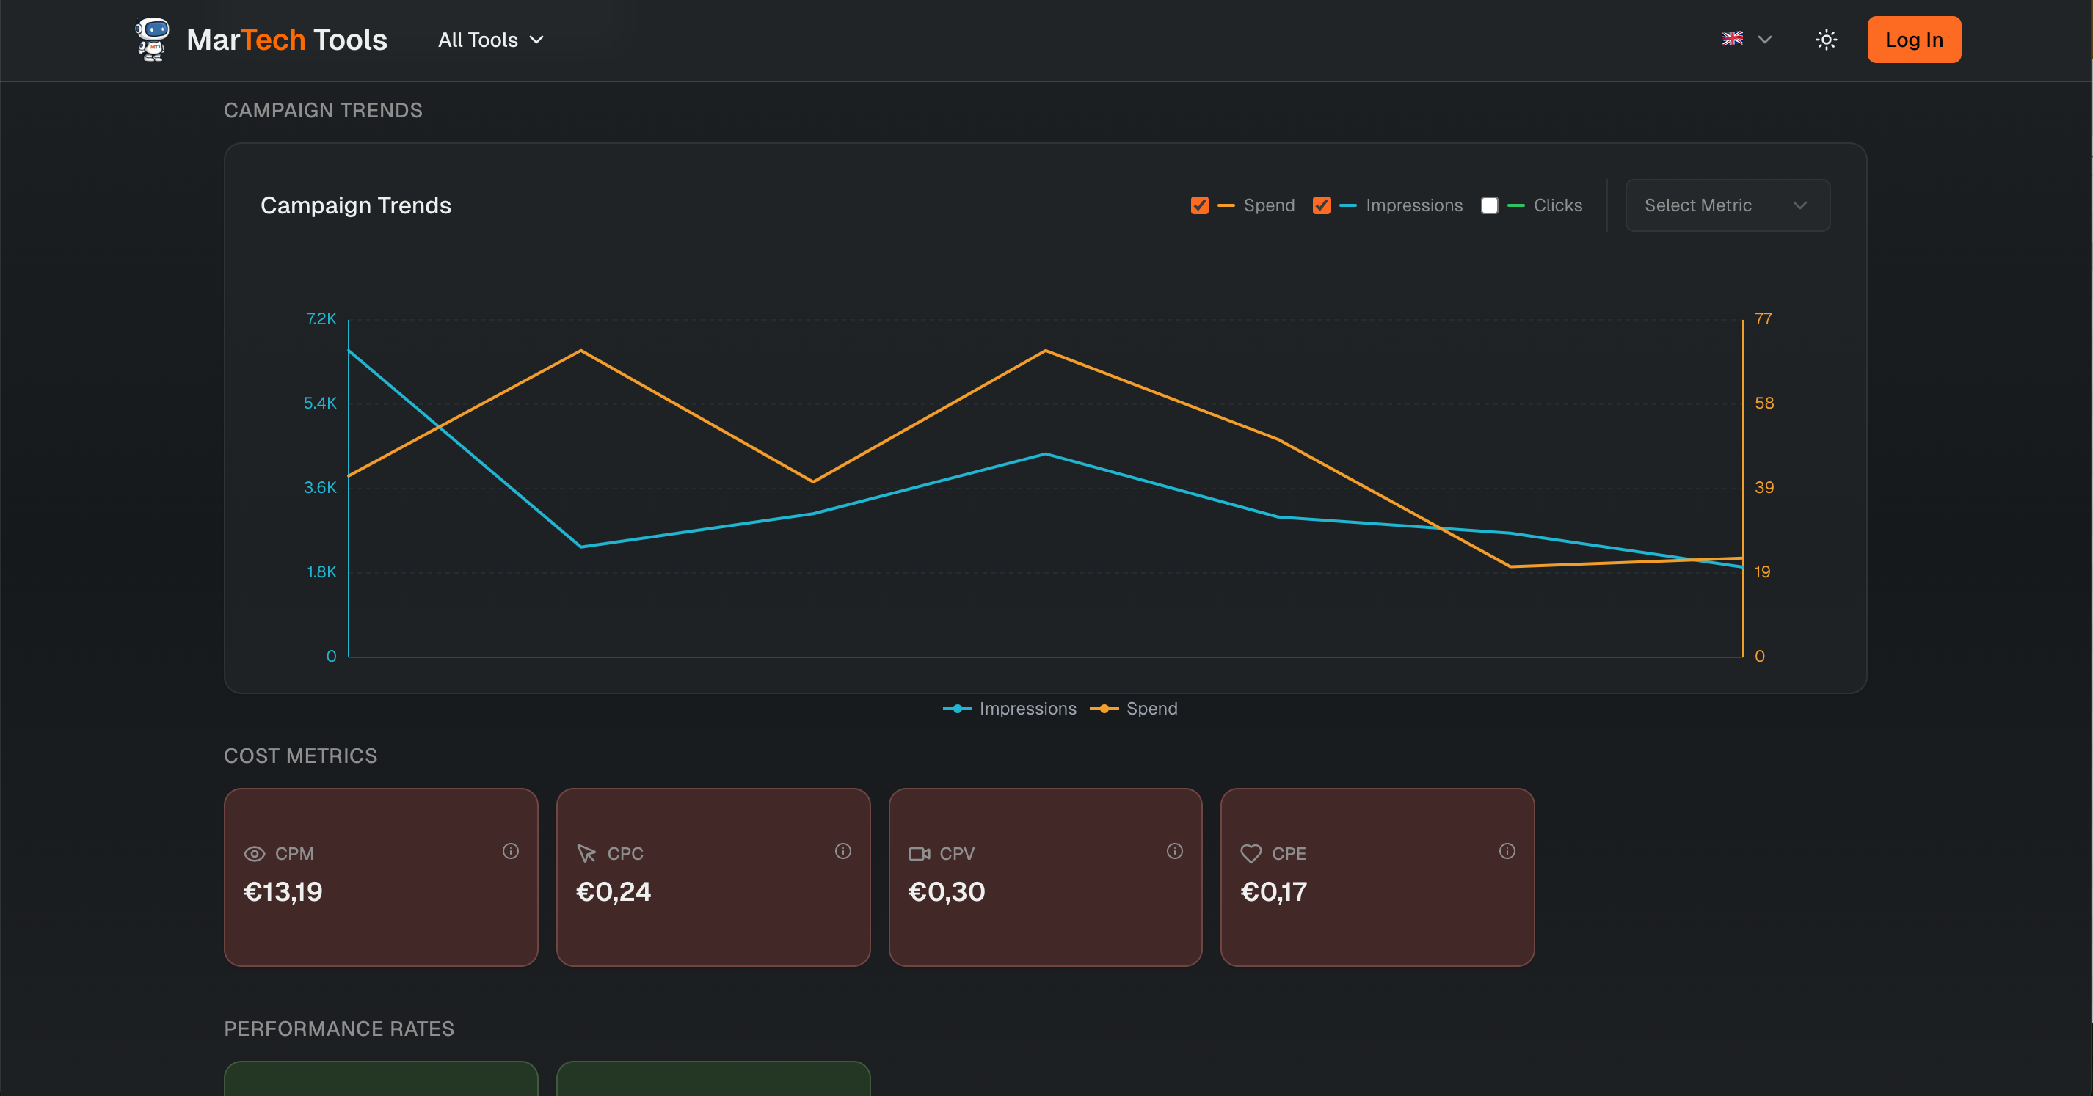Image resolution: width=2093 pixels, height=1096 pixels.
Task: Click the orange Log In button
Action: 1913,40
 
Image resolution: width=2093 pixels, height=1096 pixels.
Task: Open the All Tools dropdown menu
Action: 490,40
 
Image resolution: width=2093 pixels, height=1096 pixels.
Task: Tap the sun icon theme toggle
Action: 1826,40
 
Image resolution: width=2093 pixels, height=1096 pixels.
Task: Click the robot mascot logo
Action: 152,39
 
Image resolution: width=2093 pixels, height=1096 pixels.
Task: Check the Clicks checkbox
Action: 1489,205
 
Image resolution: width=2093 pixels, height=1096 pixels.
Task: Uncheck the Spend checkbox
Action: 1199,205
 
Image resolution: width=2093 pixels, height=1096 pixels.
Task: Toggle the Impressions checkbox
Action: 1321,205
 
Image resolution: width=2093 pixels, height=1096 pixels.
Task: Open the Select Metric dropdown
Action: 1727,205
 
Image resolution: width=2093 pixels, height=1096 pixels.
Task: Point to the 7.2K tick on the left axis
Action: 321,319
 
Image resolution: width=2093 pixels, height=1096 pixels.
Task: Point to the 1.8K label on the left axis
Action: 321,572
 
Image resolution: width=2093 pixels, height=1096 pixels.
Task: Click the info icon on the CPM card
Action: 510,851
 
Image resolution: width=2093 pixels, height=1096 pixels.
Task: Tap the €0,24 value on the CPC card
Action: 614,892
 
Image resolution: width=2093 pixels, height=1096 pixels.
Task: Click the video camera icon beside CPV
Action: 919,854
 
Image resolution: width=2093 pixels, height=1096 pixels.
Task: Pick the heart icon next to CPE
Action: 1251,854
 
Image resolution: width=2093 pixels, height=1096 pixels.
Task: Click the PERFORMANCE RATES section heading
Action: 339,1029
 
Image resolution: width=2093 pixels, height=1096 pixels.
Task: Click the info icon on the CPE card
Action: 1507,851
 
